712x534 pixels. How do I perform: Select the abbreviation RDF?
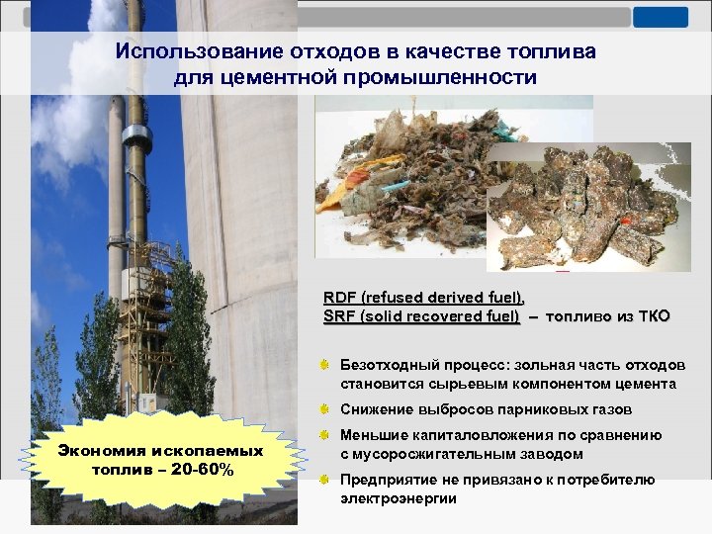(x=340, y=298)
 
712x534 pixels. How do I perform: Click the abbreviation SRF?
(x=339, y=316)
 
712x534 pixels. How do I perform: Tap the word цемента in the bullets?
(x=649, y=384)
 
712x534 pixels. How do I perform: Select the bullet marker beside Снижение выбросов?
(x=323, y=409)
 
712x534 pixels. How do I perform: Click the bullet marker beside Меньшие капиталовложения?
(x=323, y=436)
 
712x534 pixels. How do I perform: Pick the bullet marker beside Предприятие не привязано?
(x=323, y=481)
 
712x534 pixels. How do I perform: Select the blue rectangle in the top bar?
(x=661, y=17)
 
